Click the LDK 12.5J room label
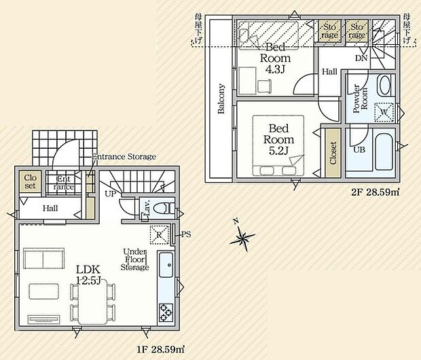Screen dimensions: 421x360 [88, 274]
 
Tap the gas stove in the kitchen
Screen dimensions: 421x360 [166, 312]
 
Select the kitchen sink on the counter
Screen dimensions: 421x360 [166, 265]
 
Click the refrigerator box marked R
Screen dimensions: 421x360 [159, 235]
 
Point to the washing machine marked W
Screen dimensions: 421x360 [384, 113]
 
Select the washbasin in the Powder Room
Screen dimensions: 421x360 [384, 85]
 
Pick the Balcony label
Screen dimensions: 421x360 [221, 98]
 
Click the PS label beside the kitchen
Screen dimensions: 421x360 [186, 234]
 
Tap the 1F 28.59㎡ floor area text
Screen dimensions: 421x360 [160, 349]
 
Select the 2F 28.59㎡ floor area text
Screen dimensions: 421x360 [376, 192]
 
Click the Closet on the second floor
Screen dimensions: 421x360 [333, 153]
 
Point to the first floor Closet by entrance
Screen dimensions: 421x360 [30, 181]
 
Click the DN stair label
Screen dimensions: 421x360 [361, 58]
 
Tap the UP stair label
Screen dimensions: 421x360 [111, 194]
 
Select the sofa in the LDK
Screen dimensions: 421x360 [44, 258]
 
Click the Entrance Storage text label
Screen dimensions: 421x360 [124, 156]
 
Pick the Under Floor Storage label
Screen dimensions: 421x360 [134, 259]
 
